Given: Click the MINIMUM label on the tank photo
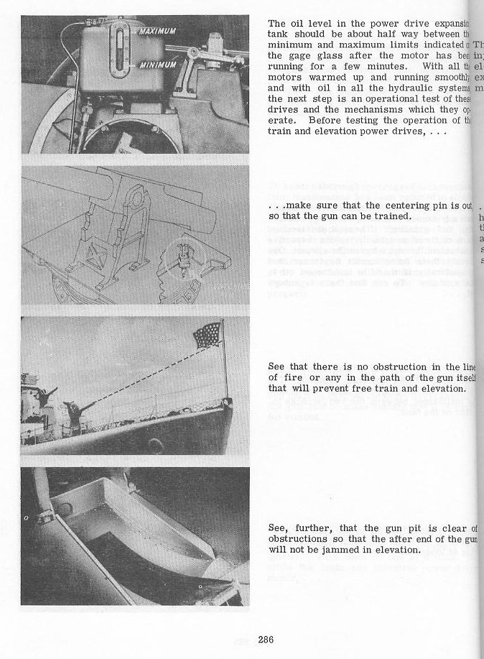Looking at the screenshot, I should [157, 64].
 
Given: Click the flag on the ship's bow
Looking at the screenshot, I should [208, 336].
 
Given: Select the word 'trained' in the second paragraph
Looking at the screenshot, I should [392, 216].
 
